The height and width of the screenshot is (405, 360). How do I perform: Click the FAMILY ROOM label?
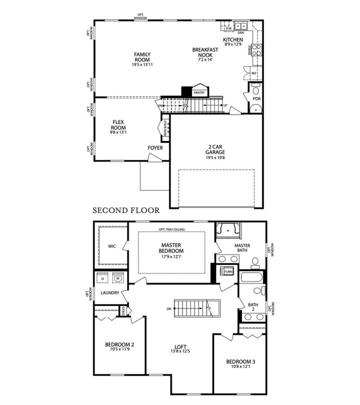(x=142, y=57)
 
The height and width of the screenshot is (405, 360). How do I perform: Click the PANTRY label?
(x=199, y=92)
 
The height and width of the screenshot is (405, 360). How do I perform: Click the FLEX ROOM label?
(x=118, y=125)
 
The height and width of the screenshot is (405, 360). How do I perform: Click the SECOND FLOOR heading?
(x=126, y=210)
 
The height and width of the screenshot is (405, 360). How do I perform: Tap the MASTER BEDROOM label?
(x=171, y=248)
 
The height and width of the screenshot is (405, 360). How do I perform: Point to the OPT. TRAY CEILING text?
(x=171, y=229)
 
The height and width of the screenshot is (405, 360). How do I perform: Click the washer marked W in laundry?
(x=118, y=279)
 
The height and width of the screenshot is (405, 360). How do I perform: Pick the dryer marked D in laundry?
(x=102, y=279)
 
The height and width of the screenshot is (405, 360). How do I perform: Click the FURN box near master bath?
(x=228, y=272)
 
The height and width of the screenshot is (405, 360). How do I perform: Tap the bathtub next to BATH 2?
(x=252, y=277)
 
